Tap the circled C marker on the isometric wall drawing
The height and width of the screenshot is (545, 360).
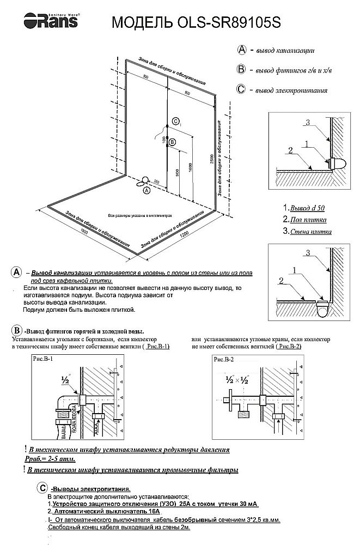coord(175,121)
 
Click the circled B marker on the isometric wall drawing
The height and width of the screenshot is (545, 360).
coord(173,142)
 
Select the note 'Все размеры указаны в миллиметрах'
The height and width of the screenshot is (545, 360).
coord(140,215)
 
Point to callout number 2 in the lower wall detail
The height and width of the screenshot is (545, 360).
coord(282,280)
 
